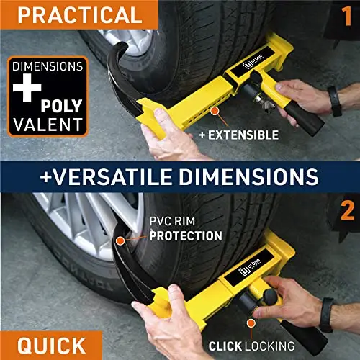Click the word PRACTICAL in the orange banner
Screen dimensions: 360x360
pyautogui.click(x=80, y=15)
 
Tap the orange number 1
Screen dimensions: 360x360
pyautogui.click(x=346, y=16)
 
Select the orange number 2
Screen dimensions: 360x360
pyautogui.click(x=347, y=210)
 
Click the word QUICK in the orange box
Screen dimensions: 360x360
pyautogui.click(x=51, y=346)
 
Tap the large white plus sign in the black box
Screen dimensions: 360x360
pyautogui.click(x=27, y=87)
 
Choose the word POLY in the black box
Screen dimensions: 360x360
pyautogui.click(x=61, y=106)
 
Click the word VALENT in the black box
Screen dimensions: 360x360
pyautogui.click(x=48, y=125)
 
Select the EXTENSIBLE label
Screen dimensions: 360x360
pyautogui.click(x=239, y=135)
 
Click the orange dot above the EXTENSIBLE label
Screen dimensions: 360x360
pyautogui.click(x=215, y=111)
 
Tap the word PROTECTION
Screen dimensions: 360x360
pyautogui.click(x=186, y=235)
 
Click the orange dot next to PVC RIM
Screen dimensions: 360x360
pyautogui.click(x=120, y=240)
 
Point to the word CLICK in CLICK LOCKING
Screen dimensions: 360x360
pyautogui.click(x=225, y=346)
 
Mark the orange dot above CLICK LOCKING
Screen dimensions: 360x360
pyautogui.click(x=251, y=323)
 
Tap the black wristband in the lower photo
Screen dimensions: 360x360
pyautogui.click(x=327, y=315)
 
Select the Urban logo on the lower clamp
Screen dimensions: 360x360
pyautogui.click(x=250, y=268)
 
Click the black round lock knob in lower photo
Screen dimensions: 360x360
pyautogui.click(x=270, y=297)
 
